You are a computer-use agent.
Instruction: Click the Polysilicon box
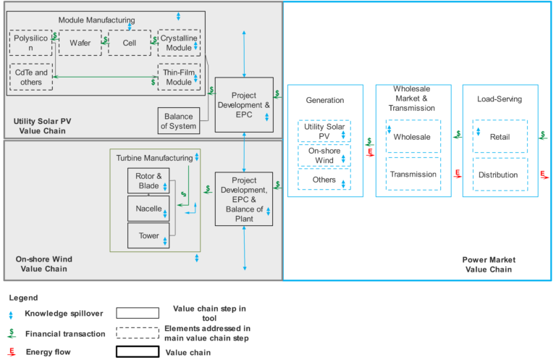tap(30, 43)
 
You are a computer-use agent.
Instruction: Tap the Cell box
tap(129, 43)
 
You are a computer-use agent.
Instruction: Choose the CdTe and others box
tap(31, 77)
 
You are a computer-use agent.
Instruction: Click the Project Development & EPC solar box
tap(244, 105)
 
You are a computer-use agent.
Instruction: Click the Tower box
tap(148, 235)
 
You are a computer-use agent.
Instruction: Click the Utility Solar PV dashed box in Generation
tap(324, 131)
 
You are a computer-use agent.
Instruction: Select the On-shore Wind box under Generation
tap(324, 156)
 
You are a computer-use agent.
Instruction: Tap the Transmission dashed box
tap(413, 175)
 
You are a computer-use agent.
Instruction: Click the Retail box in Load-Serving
tap(500, 137)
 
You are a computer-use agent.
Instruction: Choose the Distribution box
tap(500, 175)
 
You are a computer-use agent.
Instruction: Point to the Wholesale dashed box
tap(413, 137)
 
